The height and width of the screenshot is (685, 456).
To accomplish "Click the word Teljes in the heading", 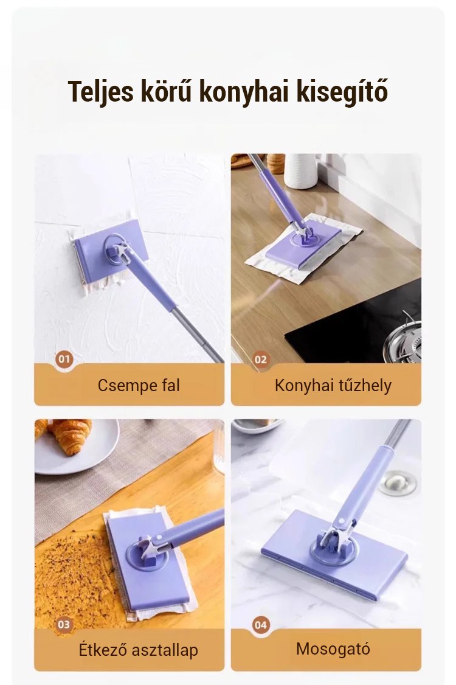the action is [x=101, y=92].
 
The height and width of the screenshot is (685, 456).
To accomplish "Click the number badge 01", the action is [x=64, y=360].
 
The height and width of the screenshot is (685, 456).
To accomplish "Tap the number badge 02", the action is [x=261, y=360].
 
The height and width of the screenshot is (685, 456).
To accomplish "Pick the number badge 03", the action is [x=64, y=625].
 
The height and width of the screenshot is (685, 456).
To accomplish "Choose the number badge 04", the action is [x=261, y=625].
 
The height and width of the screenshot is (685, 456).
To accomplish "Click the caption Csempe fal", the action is [x=139, y=385].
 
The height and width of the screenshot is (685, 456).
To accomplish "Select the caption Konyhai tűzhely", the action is [x=333, y=385].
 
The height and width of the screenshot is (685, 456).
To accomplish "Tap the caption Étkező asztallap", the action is [x=139, y=650].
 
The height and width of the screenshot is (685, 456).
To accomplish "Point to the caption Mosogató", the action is [x=333, y=648].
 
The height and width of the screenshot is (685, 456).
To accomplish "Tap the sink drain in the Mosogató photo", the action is [x=397, y=482].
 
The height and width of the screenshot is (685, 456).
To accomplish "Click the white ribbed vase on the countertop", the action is [x=300, y=171].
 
